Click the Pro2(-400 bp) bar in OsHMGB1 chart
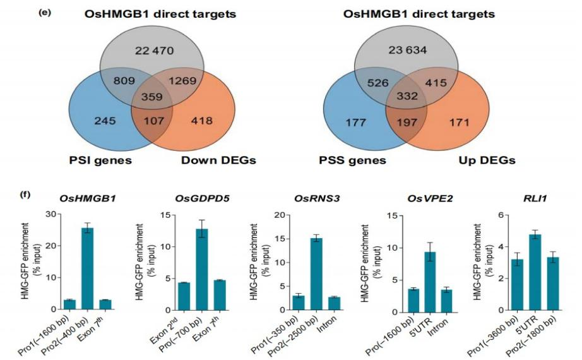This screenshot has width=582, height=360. pyautogui.click(x=88, y=268)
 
